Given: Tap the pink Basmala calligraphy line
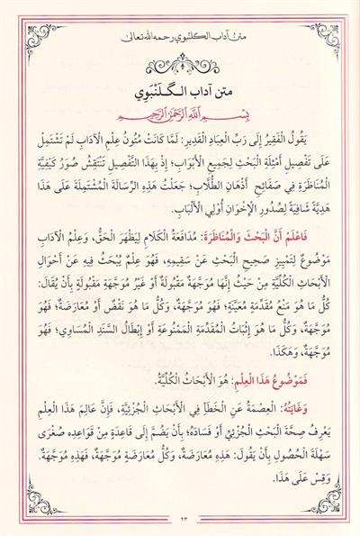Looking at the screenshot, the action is click(x=180, y=118).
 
